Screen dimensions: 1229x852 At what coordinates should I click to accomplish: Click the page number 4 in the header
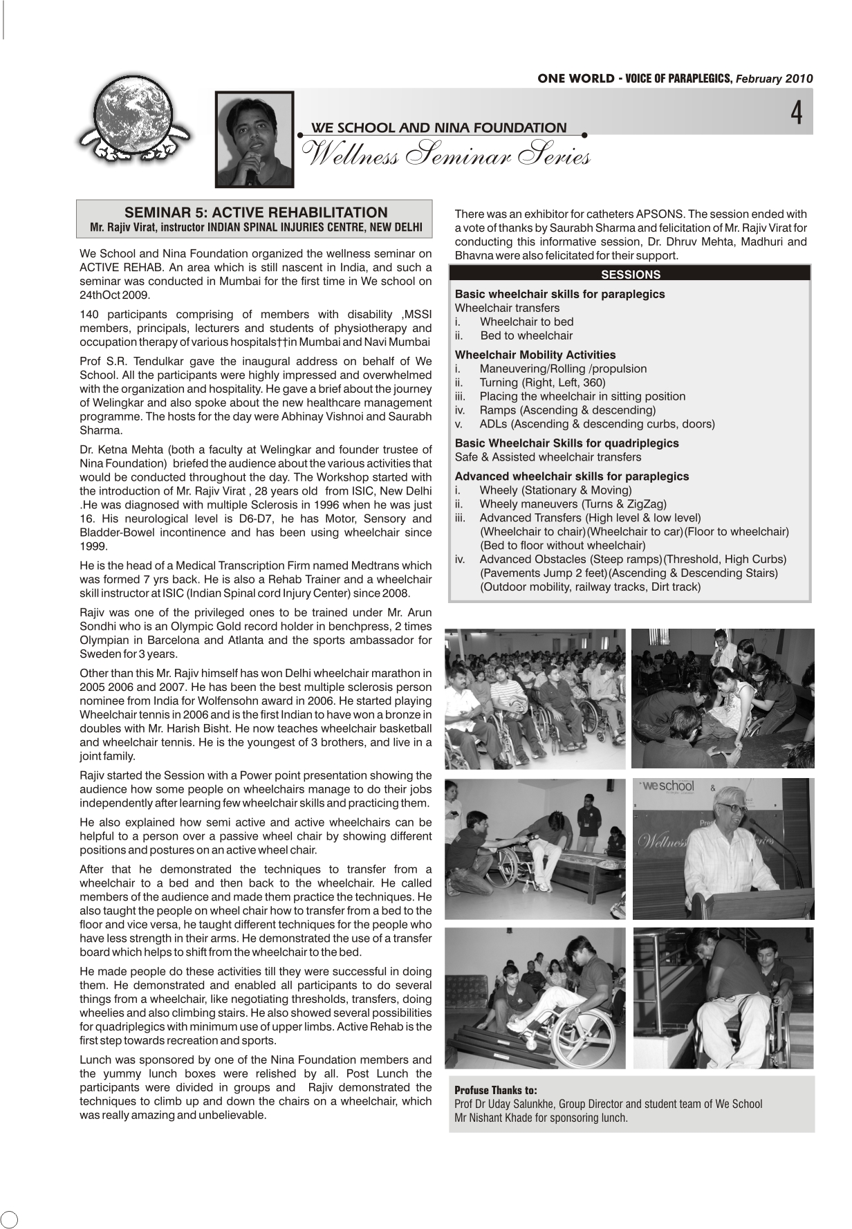(x=797, y=113)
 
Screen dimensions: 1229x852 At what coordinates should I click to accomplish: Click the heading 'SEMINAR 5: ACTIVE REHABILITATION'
(x=255, y=212)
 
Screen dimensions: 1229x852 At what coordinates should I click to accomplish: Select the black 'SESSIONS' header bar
(x=629, y=274)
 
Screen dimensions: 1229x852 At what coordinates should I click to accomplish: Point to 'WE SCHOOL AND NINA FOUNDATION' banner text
(x=439, y=127)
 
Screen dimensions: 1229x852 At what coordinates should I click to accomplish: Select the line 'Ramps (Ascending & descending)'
(x=567, y=410)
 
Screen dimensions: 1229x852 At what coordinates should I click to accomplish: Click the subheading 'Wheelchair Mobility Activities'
(x=535, y=355)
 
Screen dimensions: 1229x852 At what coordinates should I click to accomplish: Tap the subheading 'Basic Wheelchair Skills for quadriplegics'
(x=566, y=443)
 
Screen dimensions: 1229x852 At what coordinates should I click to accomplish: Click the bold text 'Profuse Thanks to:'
(x=495, y=1090)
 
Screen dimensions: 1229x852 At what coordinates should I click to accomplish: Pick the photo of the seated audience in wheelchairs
(x=535, y=699)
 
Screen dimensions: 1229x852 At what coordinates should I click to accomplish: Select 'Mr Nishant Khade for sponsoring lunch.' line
(x=541, y=1118)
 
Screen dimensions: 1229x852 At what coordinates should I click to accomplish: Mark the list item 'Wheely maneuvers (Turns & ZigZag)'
(x=573, y=504)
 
